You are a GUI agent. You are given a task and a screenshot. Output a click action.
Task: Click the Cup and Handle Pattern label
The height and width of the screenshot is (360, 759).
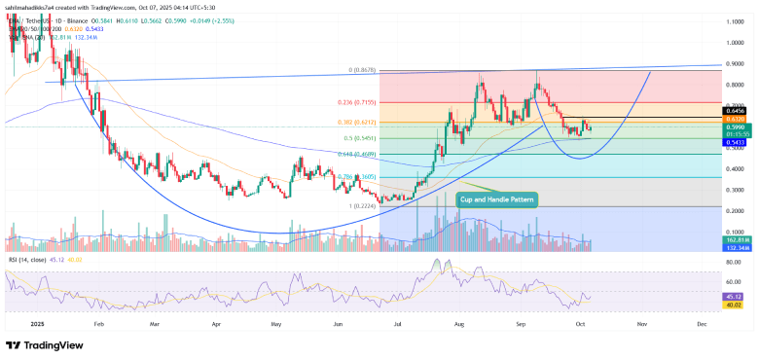tap(496, 198)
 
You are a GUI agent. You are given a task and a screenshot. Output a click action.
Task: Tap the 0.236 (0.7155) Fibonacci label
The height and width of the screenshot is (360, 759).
tap(403, 103)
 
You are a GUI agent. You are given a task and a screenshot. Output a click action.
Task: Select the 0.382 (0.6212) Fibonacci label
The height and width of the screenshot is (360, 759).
tap(403, 123)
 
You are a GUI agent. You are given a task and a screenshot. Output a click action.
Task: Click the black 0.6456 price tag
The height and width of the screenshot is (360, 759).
tap(734, 111)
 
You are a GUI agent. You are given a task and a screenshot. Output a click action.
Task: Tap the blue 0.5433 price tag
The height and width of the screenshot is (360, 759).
tap(734, 142)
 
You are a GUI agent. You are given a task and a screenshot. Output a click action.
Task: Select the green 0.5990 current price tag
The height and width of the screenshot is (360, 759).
tap(734, 126)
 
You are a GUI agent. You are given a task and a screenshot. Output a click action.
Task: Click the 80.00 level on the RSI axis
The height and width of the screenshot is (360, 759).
tap(734, 259)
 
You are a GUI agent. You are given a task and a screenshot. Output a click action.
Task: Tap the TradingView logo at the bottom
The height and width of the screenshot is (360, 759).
tap(44, 344)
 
